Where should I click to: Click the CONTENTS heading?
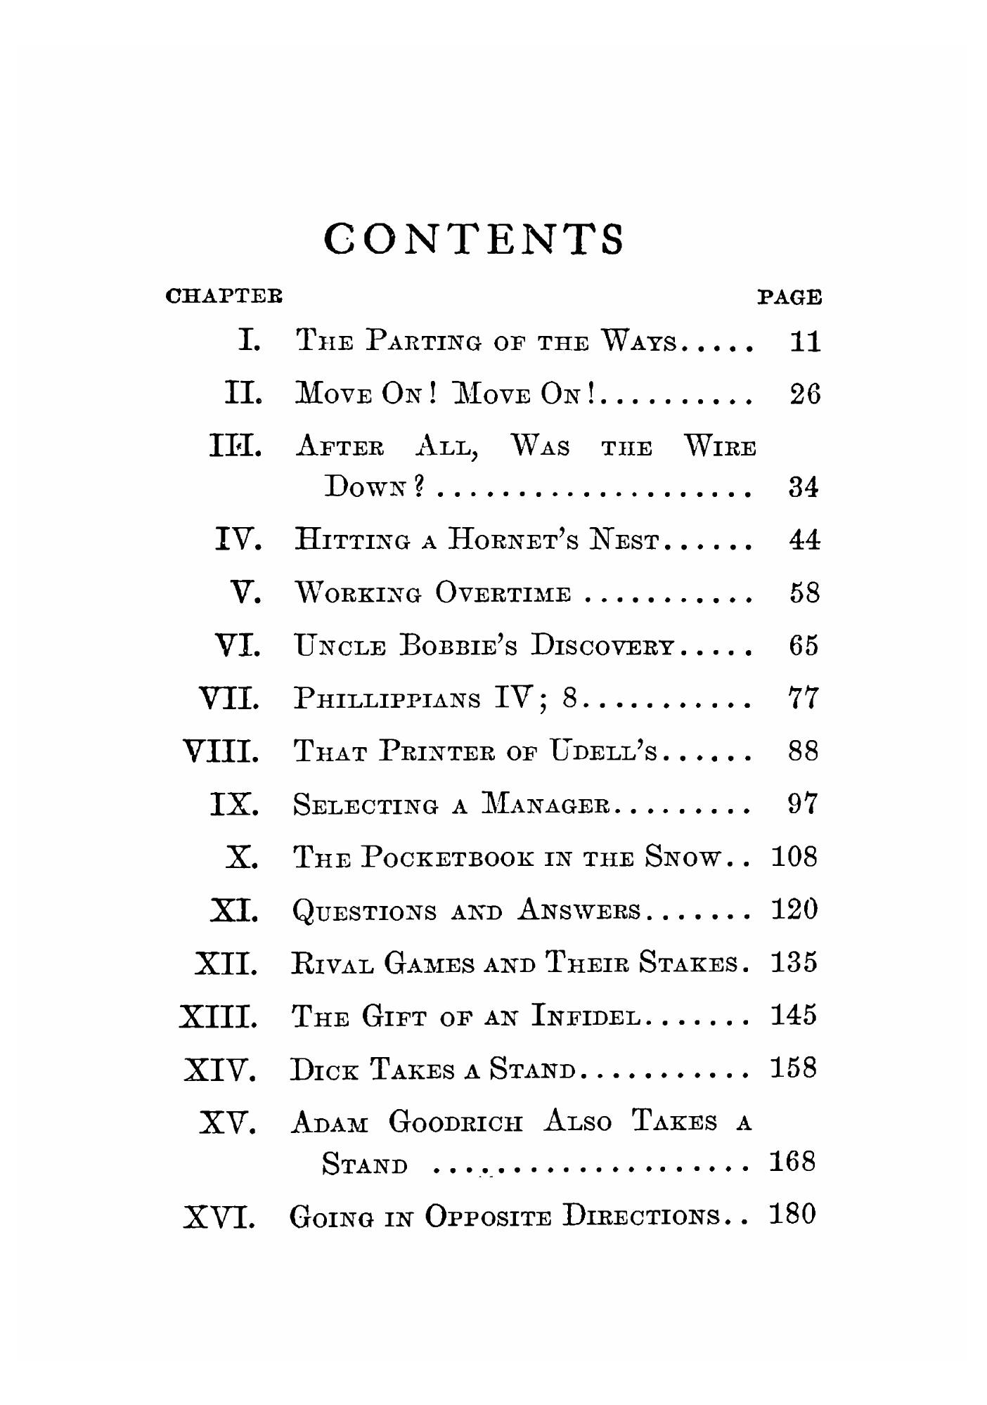(x=474, y=240)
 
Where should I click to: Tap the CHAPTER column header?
(x=224, y=296)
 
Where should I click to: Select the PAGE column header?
(x=789, y=297)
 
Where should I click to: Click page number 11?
(x=805, y=343)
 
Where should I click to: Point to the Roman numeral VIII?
(x=221, y=752)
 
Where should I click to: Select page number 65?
(x=804, y=646)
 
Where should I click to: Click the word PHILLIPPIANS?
(x=388, y=699)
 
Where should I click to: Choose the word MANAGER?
(x=546, y=804)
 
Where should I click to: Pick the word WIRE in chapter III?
(x=721, y=446)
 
